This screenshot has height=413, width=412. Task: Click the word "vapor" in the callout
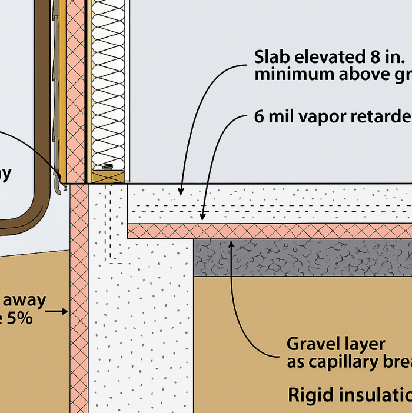tap(314, 116)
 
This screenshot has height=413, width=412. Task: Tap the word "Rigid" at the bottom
tap(308, 395)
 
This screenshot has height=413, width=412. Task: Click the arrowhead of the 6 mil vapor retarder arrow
tap(204, 218)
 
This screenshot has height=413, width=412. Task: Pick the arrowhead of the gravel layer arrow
tap(231, 242)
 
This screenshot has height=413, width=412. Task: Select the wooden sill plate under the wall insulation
tap(109, 176)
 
